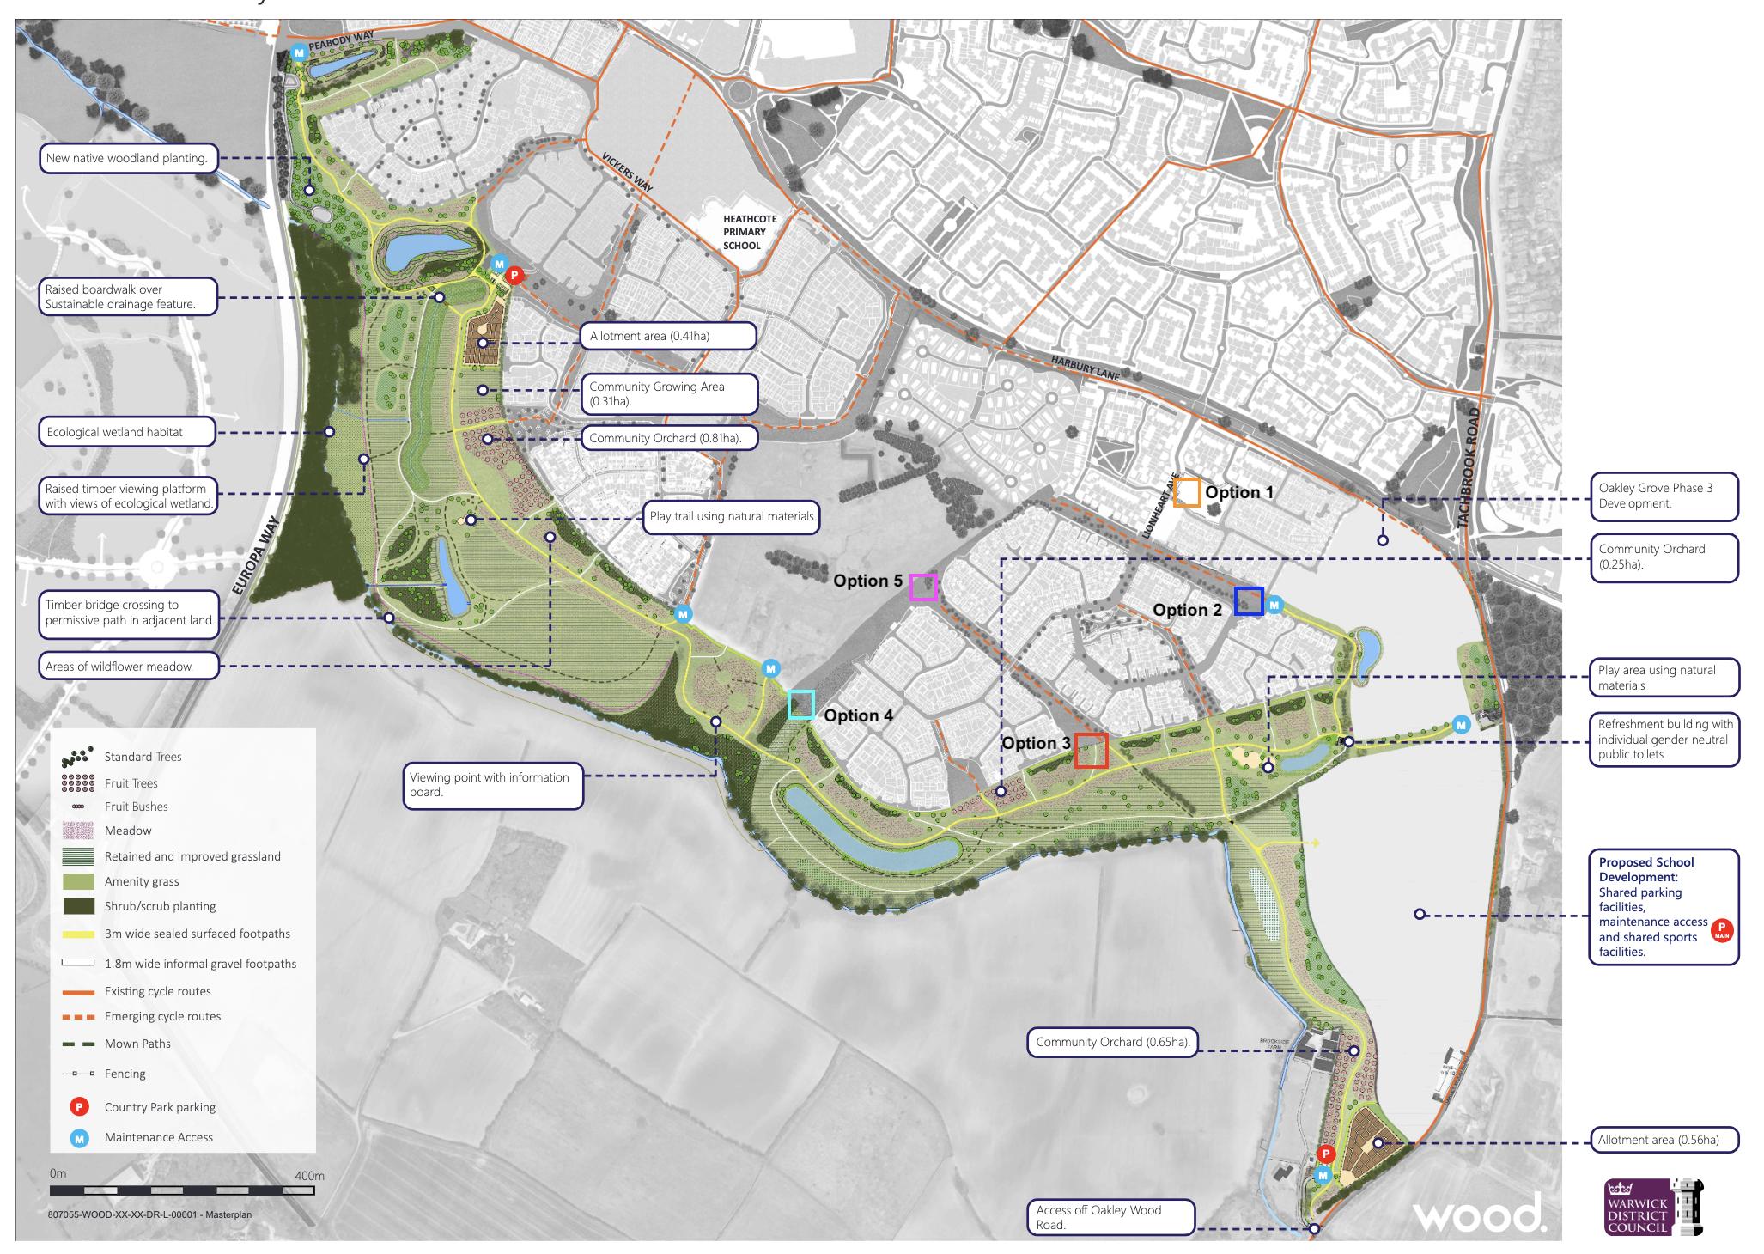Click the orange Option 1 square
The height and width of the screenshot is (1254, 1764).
[1187, 492]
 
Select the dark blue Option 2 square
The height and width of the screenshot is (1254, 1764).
[1249, 600]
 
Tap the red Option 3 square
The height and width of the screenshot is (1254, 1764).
[1091, 750]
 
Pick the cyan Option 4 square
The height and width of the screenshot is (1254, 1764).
[801, 704]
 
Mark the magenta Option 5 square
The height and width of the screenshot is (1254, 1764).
[923, 587]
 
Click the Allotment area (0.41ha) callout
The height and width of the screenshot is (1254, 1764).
[667, 336]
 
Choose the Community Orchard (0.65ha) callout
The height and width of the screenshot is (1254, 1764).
[1112, 1043]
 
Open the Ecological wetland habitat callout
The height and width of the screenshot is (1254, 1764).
[127, 432]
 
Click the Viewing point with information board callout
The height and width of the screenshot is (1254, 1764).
[493, 784]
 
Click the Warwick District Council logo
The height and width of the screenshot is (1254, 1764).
[1654, 1207]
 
